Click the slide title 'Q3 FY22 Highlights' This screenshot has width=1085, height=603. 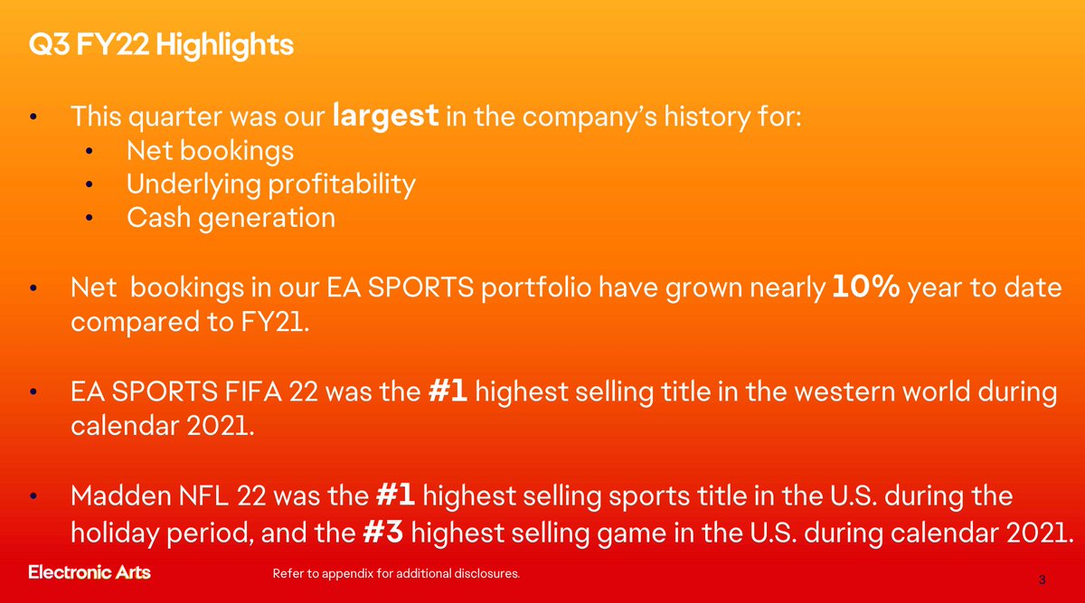click(x=161, y=45)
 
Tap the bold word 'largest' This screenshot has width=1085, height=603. click(x=386, y=117)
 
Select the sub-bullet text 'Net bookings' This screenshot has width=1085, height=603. click(x=210, y=151)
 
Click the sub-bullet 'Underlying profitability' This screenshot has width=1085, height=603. click(x=271, y=184)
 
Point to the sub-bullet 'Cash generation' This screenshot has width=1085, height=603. click(x=231, y=218)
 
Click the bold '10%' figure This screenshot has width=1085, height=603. click(x=866, y=286)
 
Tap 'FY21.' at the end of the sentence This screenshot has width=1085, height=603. click(x=275, y=321)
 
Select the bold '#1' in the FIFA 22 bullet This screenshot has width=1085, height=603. click(x=448, y=391)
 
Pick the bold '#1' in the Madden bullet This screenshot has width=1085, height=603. click(x=395, y=495)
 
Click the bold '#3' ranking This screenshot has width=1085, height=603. click(x=383, y=532)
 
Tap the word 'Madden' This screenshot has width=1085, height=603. click(x=121, y=496)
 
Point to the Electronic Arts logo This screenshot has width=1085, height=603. click(x=90, y=572)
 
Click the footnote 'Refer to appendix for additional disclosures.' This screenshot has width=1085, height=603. click(x=396, y=573)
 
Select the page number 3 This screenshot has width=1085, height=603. click(x=1042, y=579)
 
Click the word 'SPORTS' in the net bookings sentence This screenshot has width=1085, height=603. click(x=420, y=287)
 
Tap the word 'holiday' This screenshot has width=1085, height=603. click(x=116, y=533)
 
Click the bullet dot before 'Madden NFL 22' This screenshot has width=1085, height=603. click(x=33, y=496)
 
